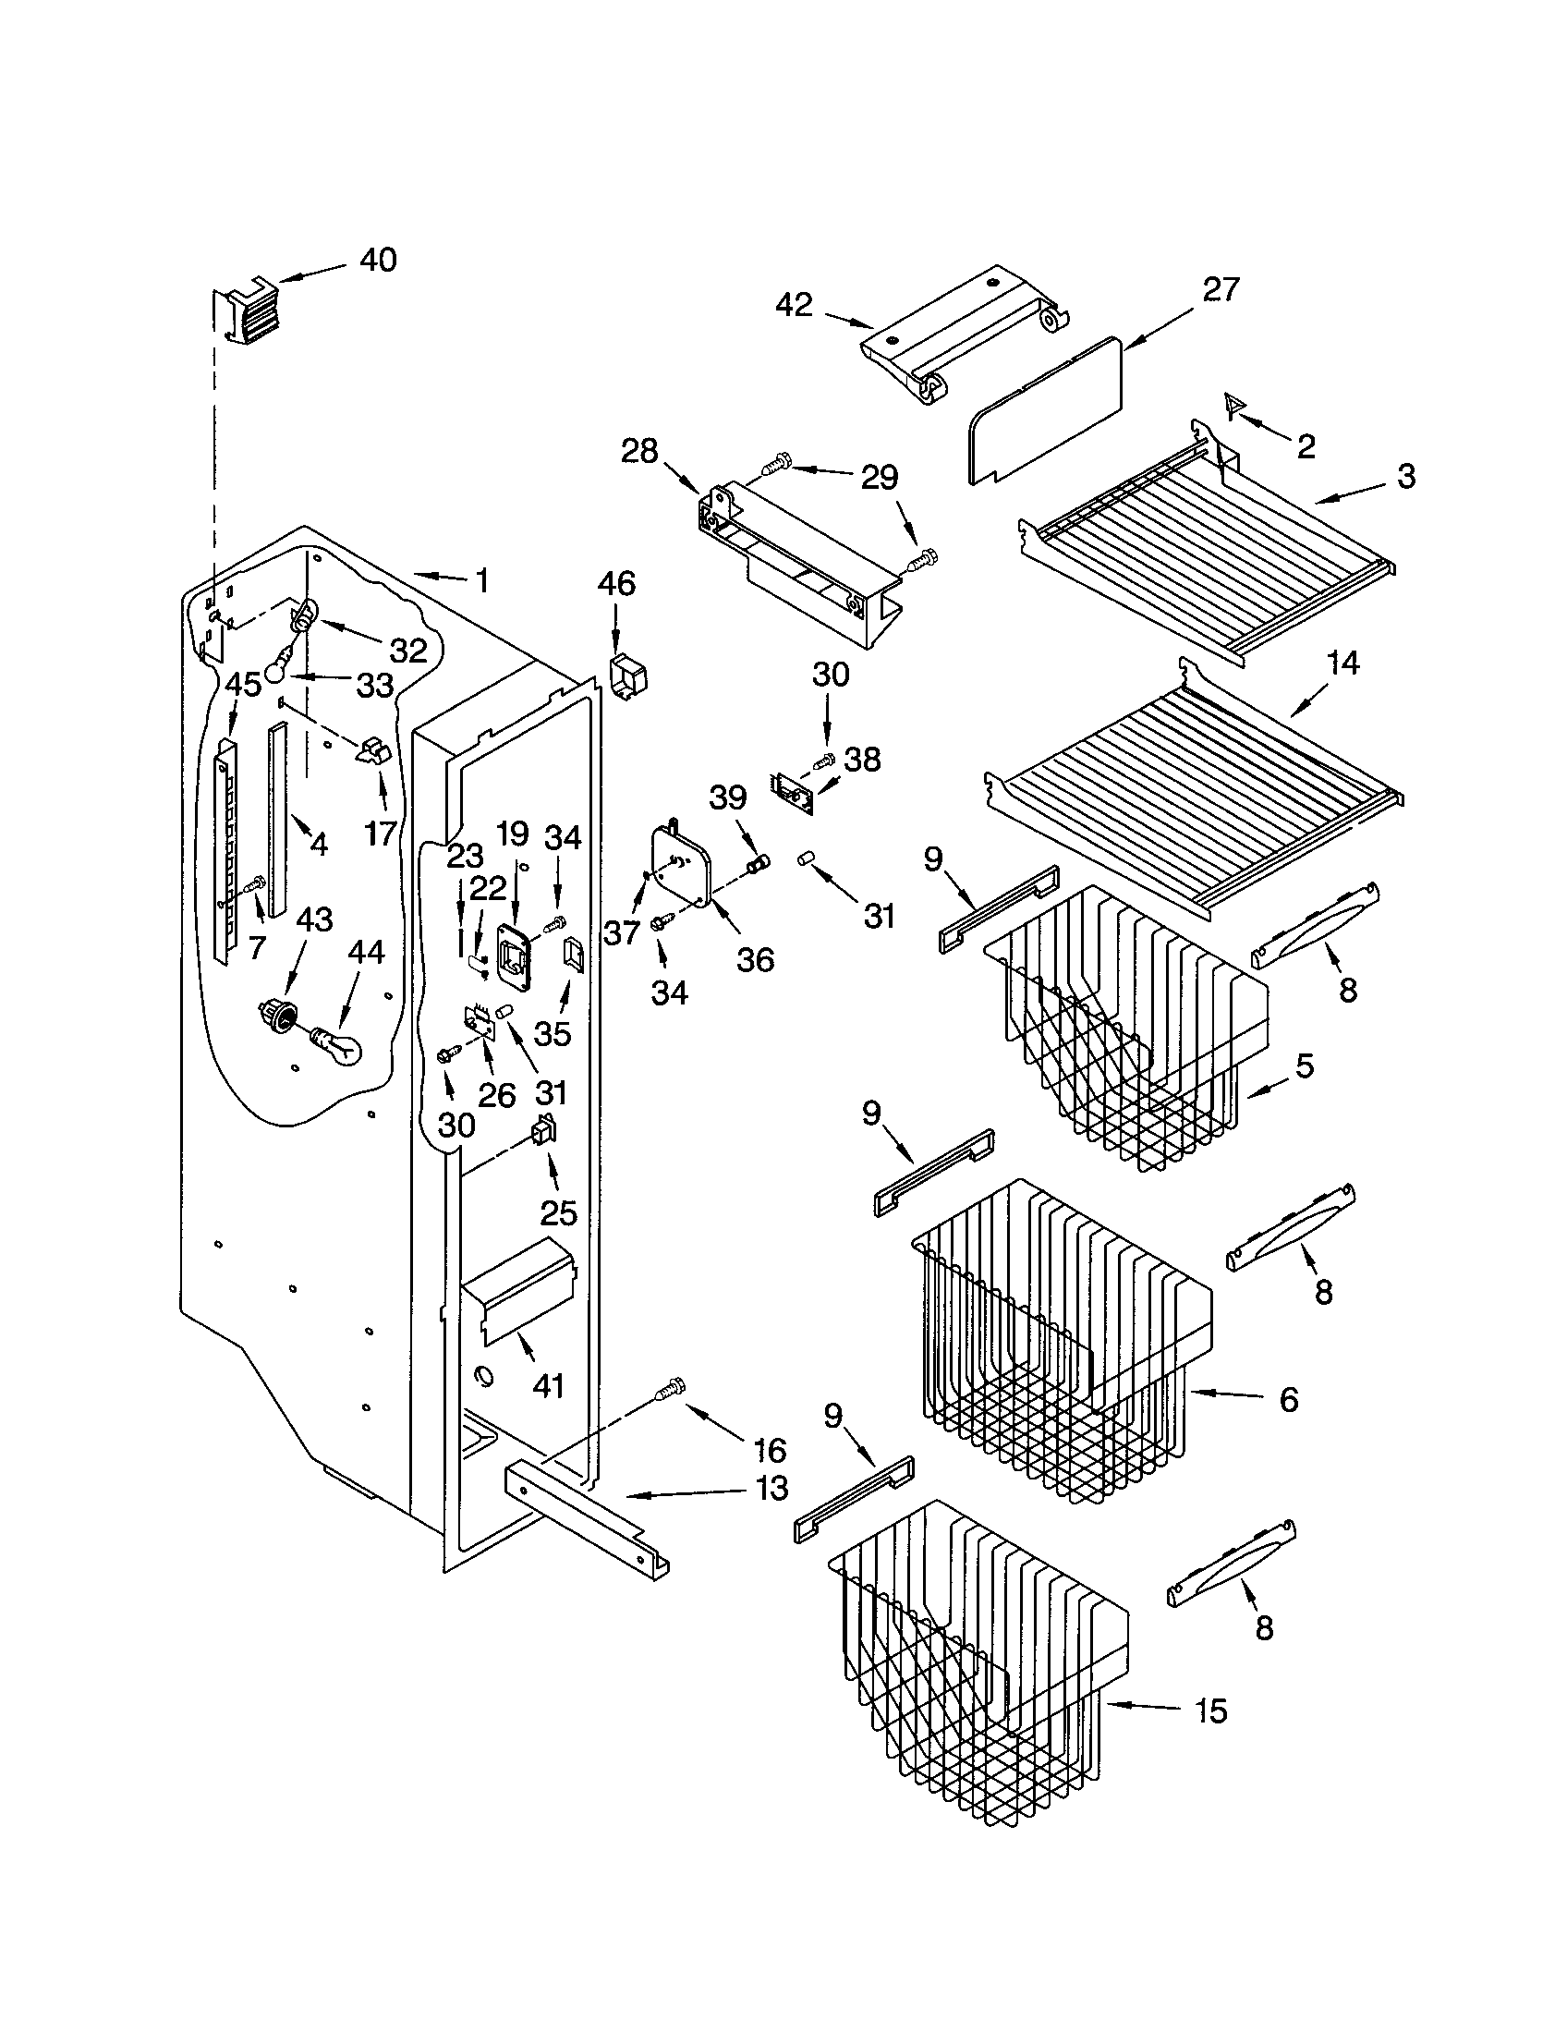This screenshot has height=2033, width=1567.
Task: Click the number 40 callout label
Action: [x=377, y=260]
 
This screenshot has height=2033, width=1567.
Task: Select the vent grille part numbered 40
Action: [x=246, y=313]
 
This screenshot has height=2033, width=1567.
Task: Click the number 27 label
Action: [x=1220, y=289]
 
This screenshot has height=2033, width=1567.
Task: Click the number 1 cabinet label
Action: [x=481, y=581]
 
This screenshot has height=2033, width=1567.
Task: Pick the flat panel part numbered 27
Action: [x=1044, y=410]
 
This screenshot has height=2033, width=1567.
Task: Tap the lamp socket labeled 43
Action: [x=276, y=1014]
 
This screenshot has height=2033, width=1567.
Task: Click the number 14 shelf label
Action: [x=1342, y=663]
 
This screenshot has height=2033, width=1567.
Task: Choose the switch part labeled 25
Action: [x=542, y=1133]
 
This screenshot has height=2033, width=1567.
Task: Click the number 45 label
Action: [x=243, y=685]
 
